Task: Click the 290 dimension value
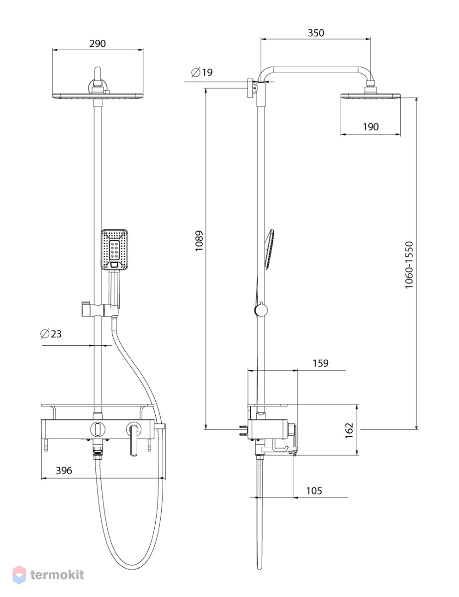point(97,43)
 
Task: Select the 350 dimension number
point(316,33)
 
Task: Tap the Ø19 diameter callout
point(202,72)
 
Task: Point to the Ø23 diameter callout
point(51,334)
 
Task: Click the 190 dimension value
point(370,127)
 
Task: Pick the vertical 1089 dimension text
point(199,241)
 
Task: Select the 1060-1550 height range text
point(409,265)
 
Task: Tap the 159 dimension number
point(320,363)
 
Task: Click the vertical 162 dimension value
point(349,430)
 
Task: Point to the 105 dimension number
point(314,491)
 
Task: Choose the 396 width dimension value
point(64,471)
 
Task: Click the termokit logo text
point(57,575)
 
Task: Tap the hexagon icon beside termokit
point(19,575)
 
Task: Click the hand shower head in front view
point(114,249)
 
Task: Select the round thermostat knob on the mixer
point(97,429)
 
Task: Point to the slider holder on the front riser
point(100,309)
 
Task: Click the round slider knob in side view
point(261,310)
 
